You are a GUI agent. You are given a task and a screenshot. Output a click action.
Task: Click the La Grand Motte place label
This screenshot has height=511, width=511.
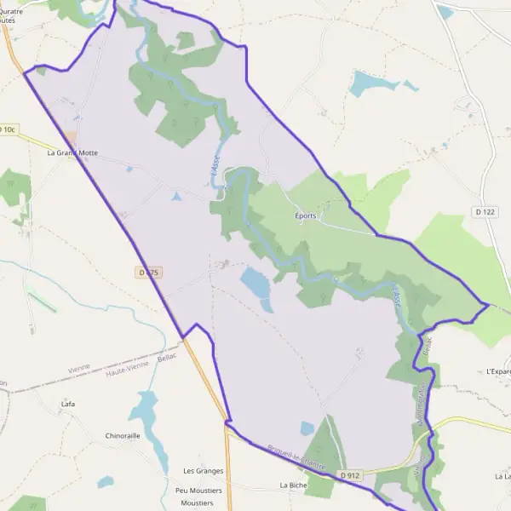pyautogui.click(x=72, y=153)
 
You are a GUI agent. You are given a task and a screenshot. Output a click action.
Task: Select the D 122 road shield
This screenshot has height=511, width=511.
pyautogui.click(x=485, y=210)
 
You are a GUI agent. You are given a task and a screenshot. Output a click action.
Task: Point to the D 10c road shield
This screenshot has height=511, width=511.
pyautogui.click(x=8, y=129)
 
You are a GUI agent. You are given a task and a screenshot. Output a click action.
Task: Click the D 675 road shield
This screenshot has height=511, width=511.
pyautogui.click(x=148, y=273)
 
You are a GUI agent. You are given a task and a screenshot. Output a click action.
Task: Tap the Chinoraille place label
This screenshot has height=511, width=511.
pyautogui.click(x=122, y=435)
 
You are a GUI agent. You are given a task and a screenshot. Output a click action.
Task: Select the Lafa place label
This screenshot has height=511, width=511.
pyautogui.click(x=69, y=405)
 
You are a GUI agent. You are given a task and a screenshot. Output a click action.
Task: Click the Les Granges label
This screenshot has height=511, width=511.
pyautogui.click(x=203, y=470)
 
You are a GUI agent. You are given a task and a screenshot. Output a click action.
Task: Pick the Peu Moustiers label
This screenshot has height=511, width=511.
pyautogui.click(x=198, y=491)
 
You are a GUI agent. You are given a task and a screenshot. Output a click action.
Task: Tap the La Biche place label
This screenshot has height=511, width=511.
pyautogui.click(x=293, y=485)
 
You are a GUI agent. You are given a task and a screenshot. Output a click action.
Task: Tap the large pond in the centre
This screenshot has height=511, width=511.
pyautogui.click(x=256, y=284)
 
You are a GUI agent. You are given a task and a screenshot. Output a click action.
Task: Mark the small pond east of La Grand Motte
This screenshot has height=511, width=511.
pyautogui.click(x=176, y=198)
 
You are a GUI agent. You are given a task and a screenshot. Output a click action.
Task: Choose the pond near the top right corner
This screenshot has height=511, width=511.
pyautogui.click(x=445, y=12)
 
